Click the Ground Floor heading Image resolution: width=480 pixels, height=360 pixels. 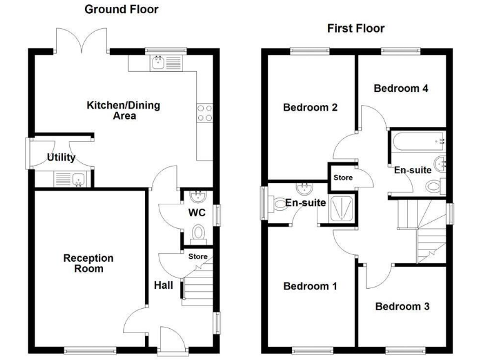point(121,9)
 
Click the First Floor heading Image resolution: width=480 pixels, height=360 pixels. point(356,28)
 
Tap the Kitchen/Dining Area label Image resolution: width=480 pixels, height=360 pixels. point(123,110)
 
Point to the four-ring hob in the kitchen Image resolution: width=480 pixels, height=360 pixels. point(204,112)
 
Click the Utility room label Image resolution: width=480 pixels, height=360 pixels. point(61,157)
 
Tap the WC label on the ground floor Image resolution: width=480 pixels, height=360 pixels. point(197,212)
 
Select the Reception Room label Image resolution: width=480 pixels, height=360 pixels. point(89,263)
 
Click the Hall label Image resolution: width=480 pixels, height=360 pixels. point(164,285)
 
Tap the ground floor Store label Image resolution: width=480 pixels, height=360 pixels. point(197,256)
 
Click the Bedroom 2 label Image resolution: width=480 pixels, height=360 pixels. point(311,107)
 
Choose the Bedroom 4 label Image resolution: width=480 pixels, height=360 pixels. point(401,88)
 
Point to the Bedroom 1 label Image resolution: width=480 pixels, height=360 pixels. point(310,286)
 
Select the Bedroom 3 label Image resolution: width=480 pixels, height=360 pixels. point(402,306)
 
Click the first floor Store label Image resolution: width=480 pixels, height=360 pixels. point(342,177)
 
